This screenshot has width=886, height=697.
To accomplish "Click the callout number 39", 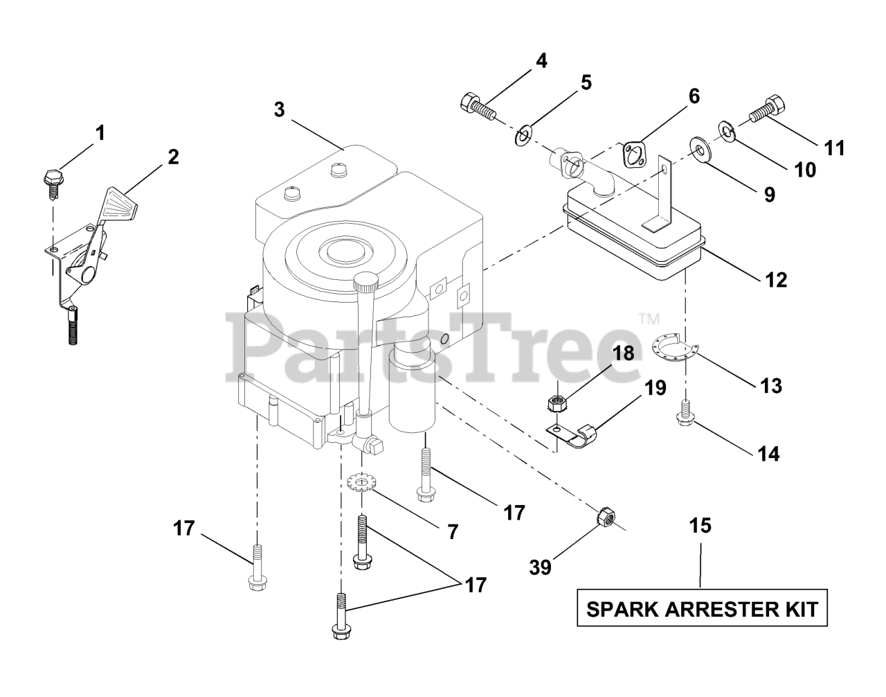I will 540,567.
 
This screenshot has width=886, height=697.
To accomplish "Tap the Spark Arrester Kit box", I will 703,609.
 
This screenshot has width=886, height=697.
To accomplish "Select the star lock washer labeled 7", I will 361,481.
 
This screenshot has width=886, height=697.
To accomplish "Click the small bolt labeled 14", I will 686,412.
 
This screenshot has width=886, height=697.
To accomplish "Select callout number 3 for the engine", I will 279,109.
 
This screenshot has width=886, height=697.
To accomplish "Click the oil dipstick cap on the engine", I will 365,281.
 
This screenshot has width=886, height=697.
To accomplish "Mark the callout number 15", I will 700,526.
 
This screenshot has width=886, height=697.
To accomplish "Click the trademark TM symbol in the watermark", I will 648,319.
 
